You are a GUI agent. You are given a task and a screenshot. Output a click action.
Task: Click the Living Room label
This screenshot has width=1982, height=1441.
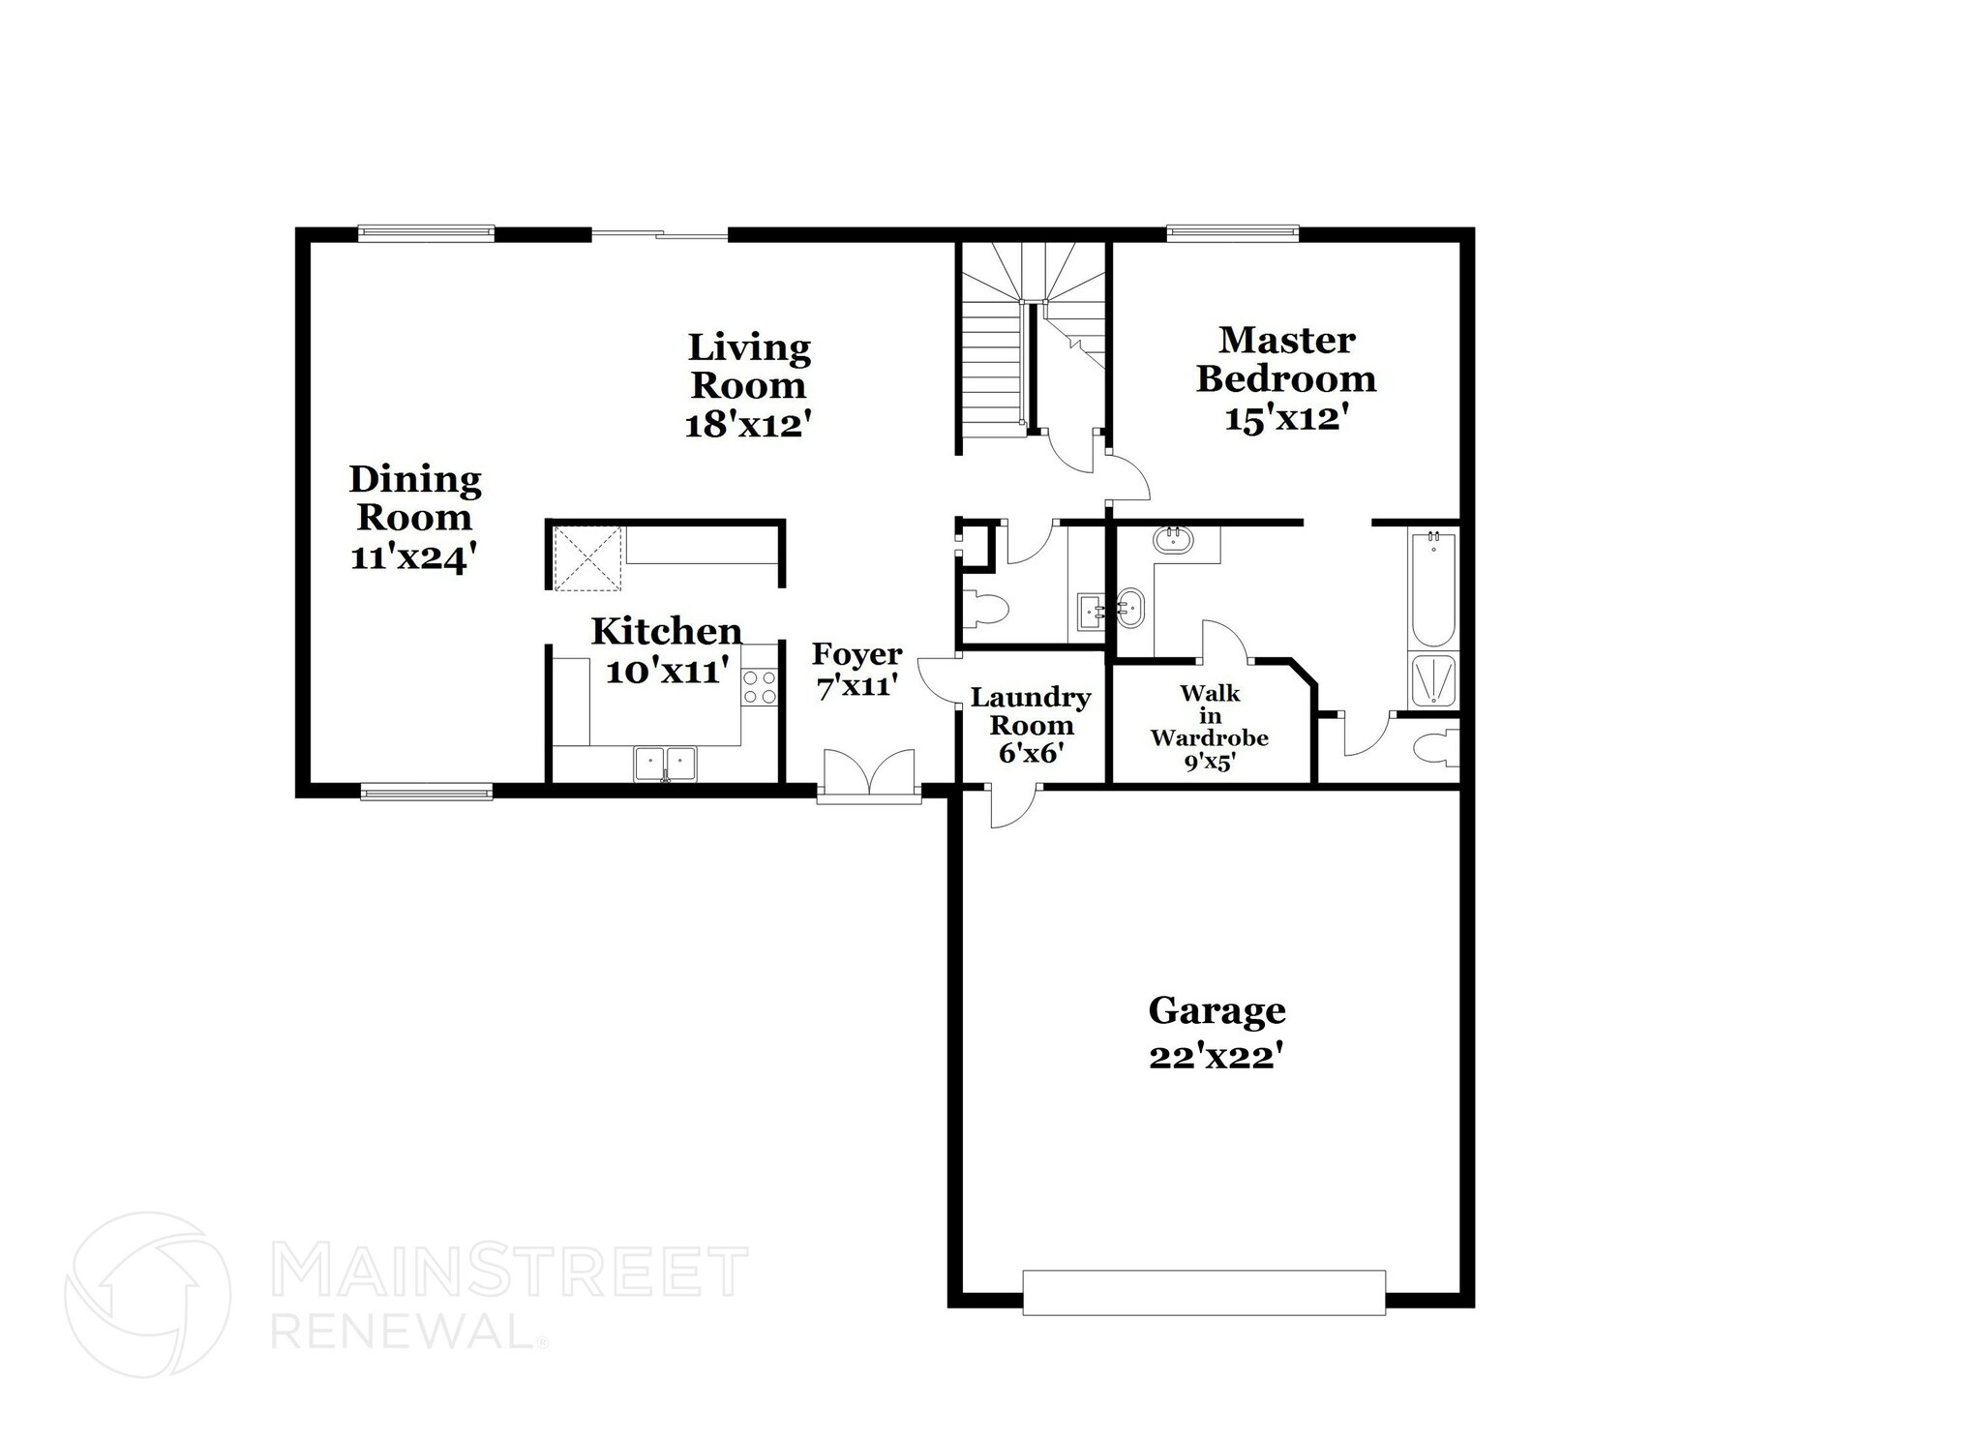click(748, 366)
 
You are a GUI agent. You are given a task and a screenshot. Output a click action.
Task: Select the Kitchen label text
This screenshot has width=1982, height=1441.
click(666, 631)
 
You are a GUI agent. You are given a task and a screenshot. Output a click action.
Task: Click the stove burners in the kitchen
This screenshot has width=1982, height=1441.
click(760, 686)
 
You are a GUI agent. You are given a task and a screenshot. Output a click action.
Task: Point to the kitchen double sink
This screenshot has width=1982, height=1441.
click(665, 763)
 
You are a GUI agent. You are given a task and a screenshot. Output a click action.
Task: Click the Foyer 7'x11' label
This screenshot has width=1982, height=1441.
click(857, 670)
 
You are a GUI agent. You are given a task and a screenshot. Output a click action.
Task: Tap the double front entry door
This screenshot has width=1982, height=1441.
click(869, 775)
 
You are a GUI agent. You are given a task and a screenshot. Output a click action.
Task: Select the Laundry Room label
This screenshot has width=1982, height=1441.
click(1030, 710)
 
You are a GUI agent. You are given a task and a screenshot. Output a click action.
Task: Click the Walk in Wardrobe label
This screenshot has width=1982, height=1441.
click(1209, 727)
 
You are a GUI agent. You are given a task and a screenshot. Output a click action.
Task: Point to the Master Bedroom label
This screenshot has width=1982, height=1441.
click(1285, 359)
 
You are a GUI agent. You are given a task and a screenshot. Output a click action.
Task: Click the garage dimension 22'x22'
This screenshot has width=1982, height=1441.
click(1216, 1057)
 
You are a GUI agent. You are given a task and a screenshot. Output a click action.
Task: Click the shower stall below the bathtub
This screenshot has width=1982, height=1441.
click(1433, 681)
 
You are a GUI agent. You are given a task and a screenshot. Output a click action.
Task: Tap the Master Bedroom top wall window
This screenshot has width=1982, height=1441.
click(1232, 232)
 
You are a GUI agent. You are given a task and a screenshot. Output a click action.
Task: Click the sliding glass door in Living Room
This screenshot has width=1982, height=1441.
click(659, 233)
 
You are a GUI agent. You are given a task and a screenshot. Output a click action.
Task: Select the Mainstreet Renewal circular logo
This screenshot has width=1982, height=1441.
click(147, 1294)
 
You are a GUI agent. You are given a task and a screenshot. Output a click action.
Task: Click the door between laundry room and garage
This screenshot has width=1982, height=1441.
click(1011, 805)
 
